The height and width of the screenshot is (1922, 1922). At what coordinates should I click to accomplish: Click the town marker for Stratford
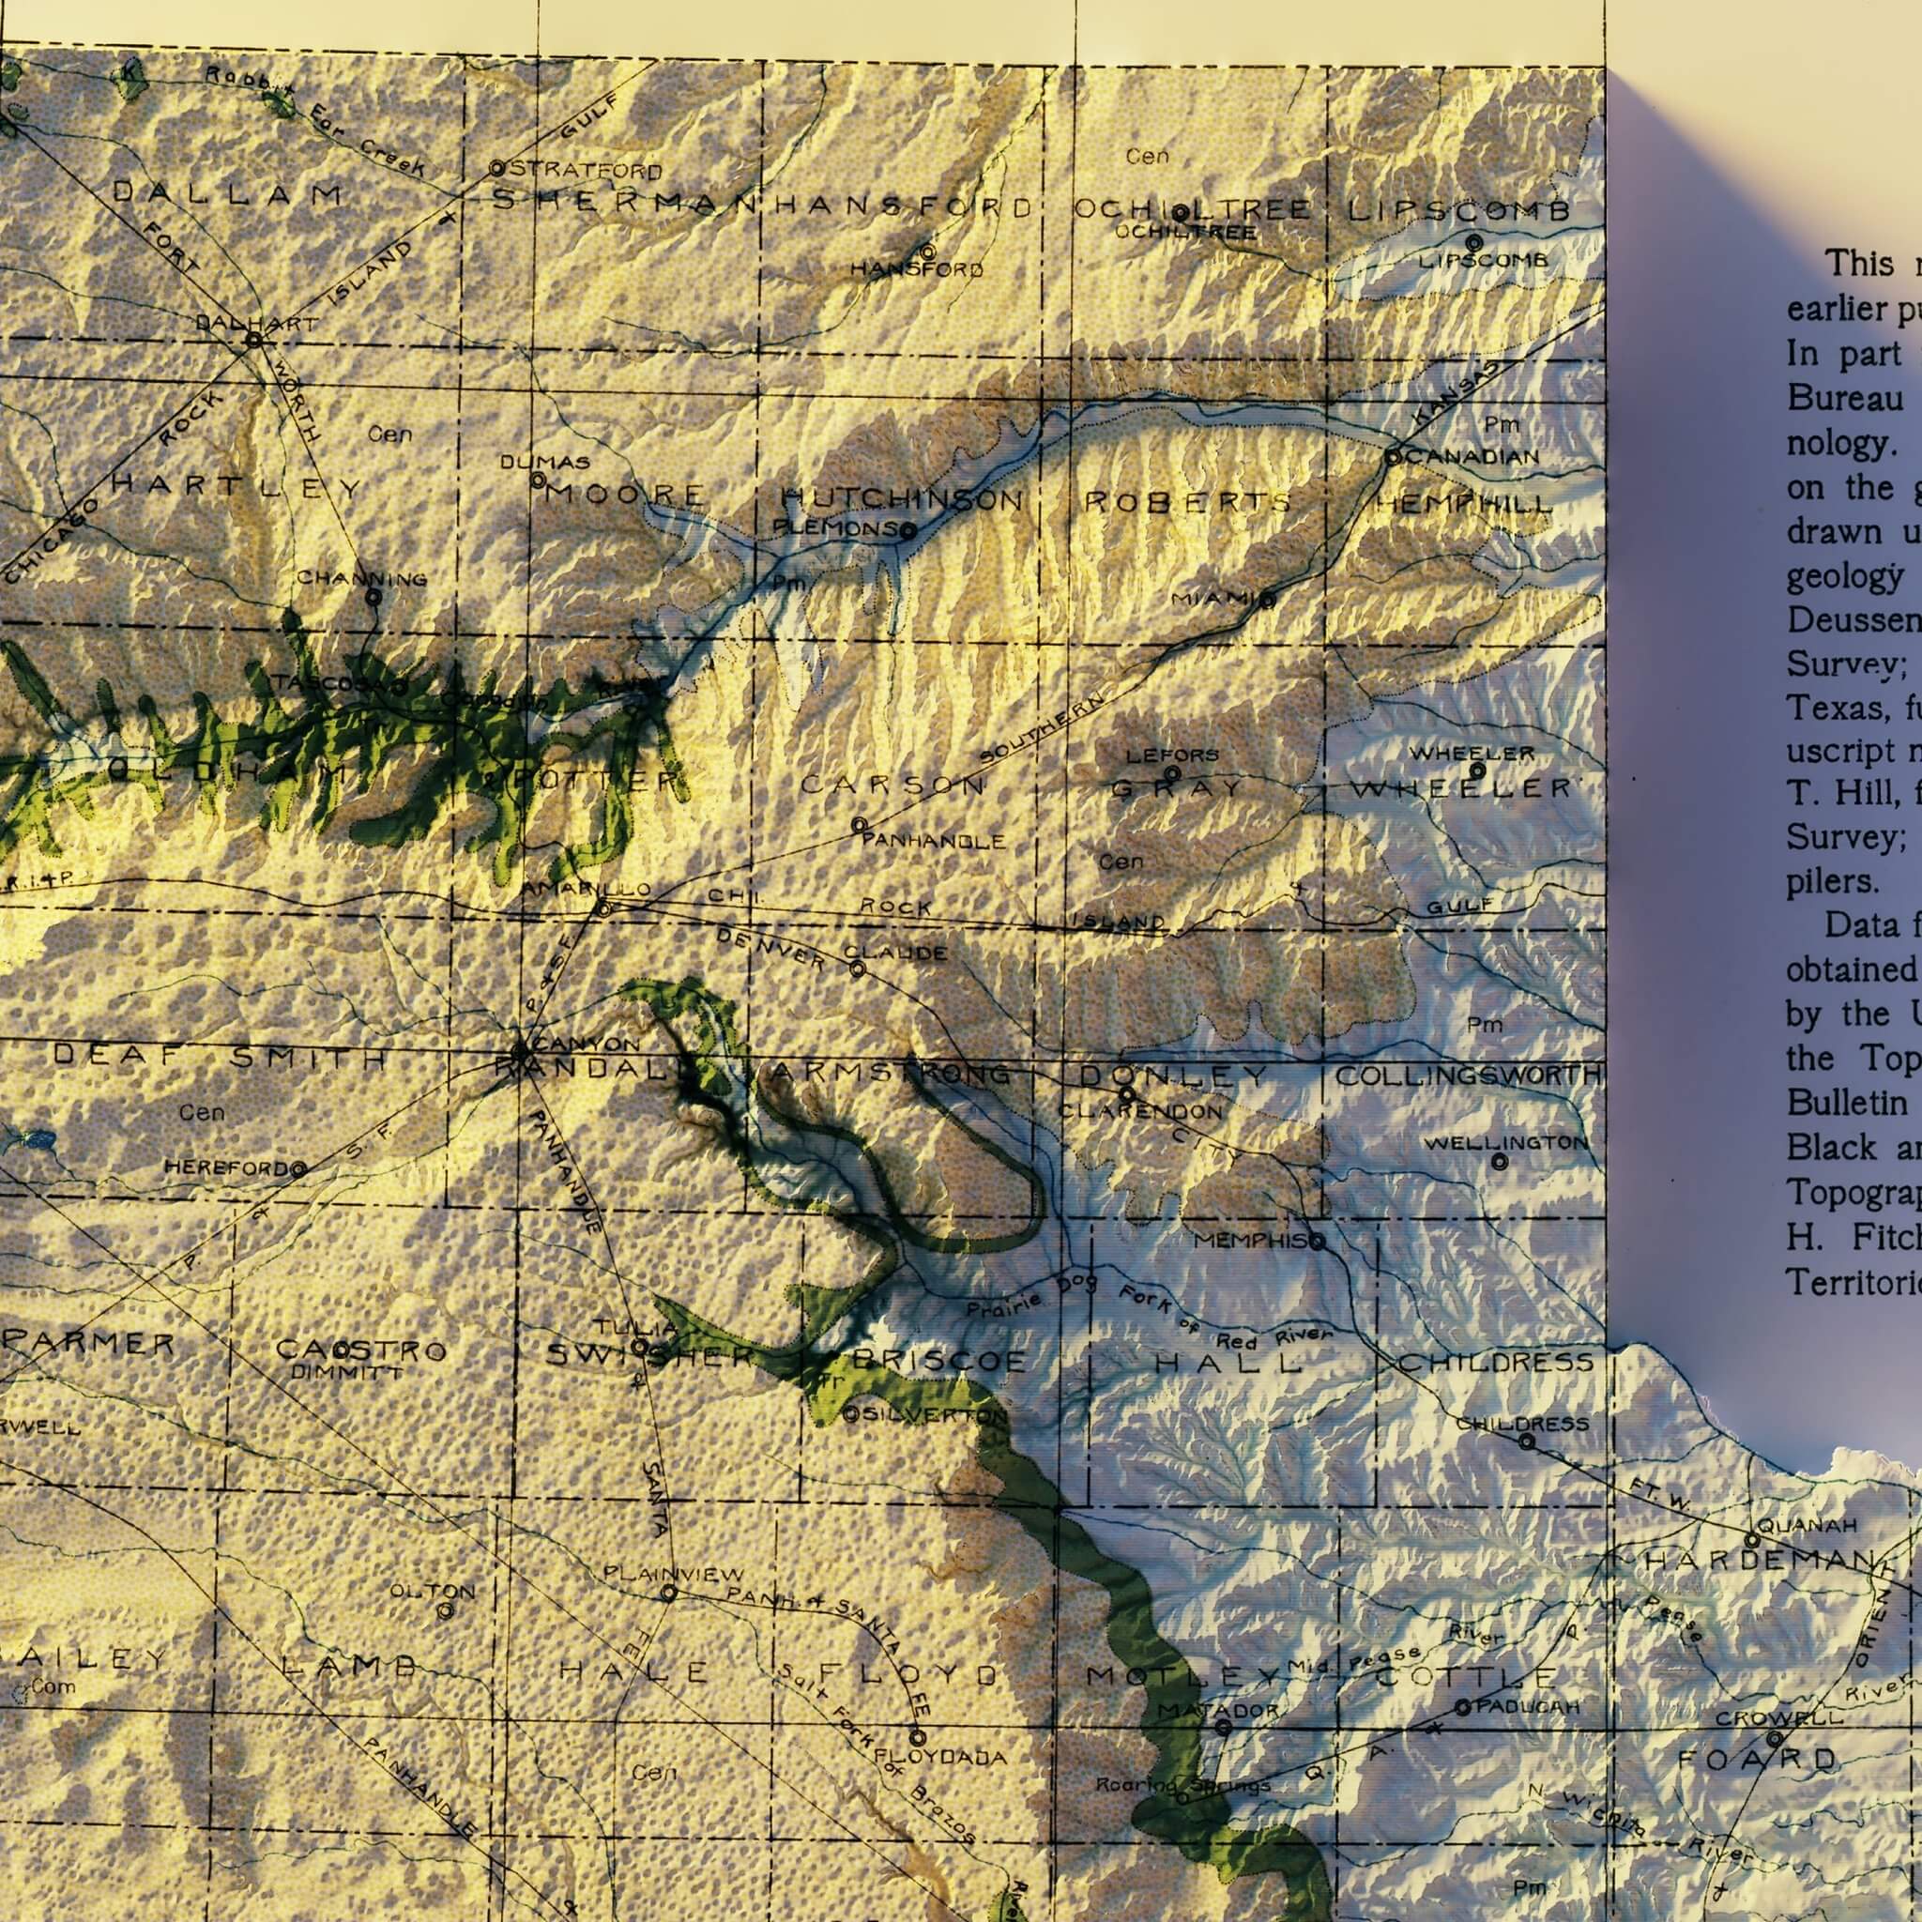tap(497, 169)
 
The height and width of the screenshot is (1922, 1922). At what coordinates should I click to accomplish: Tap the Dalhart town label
tap(256, 324)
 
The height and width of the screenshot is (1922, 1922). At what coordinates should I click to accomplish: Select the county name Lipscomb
tap(1458, 211)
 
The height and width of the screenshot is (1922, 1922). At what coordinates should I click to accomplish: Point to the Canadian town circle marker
tap(1394, 457)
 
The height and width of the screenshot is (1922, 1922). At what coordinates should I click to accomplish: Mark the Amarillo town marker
tap(603, 908)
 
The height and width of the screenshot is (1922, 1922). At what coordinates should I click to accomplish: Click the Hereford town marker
tap(297, 1169)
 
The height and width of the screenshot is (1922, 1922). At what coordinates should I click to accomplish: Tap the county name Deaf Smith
tap(219, 1058)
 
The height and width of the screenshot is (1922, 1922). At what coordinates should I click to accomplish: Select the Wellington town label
tap(1505, 1143)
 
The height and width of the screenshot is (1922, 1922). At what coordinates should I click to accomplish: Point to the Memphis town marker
tap(1319, 1243)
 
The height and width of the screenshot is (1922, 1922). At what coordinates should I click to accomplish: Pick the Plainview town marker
tap(669, 1593)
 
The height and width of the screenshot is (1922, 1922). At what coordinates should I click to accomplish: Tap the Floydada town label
tap(941, 1759)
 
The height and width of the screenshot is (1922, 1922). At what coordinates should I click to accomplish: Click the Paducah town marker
tap(1462, 1707)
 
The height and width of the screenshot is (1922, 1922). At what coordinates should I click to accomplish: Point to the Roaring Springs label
tap(1182, 1786)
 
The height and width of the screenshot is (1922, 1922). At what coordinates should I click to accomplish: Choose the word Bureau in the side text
tap(1844, 398)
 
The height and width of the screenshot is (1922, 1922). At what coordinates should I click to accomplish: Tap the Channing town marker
tap(374, 597)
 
